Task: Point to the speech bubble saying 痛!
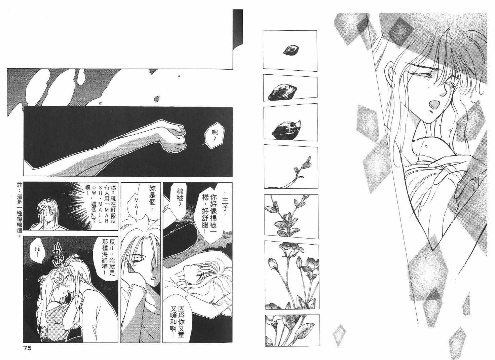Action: [x=37, y=254]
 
